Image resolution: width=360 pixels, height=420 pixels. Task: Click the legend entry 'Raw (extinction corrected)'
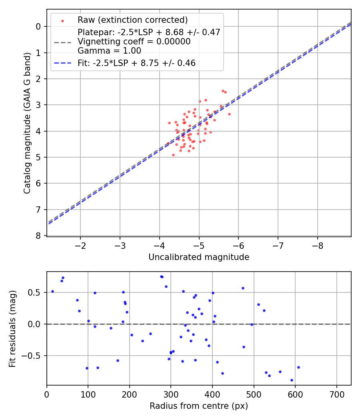tap(132, 20)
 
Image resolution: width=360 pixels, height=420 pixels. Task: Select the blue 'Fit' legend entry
tap(136, 63)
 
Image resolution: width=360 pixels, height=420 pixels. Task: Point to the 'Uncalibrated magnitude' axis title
tap(199, 257)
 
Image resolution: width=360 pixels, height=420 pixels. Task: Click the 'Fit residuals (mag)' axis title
tap(13, 328)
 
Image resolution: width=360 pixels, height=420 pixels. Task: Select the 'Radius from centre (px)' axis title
tap(199, 406)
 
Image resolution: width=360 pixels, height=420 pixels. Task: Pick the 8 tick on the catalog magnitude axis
tap(39, 236)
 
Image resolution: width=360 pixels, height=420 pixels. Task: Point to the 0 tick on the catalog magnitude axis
tap(39, 26)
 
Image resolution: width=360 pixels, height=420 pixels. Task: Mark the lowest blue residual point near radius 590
tap(292, 380)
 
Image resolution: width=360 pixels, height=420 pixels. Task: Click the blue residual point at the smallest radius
tap(52, 291)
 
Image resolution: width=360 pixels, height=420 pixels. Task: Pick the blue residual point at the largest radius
tap(298, 367)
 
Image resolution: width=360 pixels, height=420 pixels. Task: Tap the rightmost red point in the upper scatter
tap(229, 114)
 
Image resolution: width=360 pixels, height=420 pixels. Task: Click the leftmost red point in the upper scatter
tap(169, 123)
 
